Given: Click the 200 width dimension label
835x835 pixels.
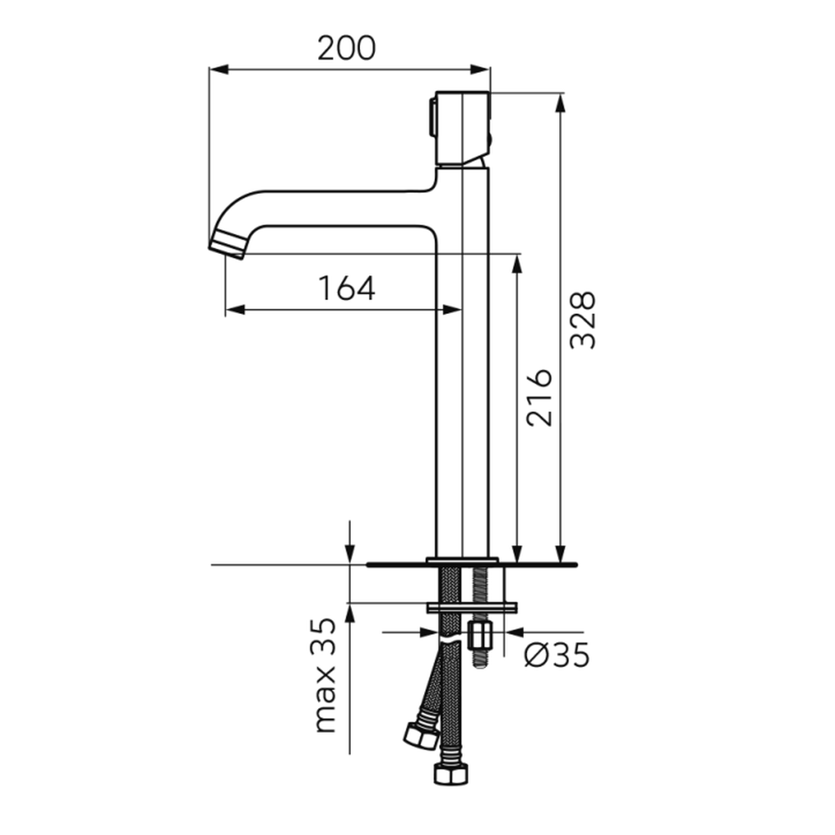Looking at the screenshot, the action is tap(347, 48).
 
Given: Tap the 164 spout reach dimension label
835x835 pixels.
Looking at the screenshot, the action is tap(347, 288).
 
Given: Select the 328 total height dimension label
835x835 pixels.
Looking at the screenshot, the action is tap(582, 320).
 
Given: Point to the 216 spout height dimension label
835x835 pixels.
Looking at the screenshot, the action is tap(539, 397).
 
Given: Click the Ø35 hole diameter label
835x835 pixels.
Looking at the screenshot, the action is tap(557, 655).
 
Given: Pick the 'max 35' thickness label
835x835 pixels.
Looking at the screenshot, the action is tap(324, 676).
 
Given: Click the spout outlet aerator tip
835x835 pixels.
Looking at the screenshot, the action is tap(228, 245).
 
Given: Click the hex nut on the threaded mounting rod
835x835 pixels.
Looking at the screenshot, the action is tap(480, 635).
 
